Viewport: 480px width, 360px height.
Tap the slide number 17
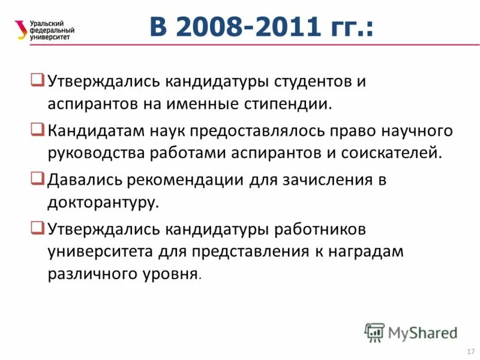(x=470, y=350)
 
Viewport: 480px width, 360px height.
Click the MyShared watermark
(x=412, y=332)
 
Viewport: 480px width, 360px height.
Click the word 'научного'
(x=413, y=130)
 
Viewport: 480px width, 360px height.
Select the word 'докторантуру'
(x=103, y=203)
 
